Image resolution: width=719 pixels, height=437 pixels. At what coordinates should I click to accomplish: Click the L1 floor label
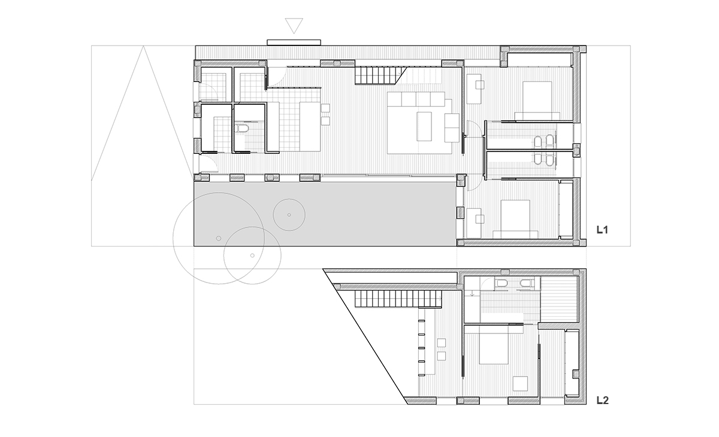[602, 229]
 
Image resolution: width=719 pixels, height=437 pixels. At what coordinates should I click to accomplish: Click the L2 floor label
[603, 400]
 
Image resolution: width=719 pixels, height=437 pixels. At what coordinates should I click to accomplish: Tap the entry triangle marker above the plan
[294, 26]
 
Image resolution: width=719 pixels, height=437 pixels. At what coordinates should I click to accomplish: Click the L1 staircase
[381, 75]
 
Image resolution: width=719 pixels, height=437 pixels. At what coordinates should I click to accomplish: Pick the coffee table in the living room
[424, 126]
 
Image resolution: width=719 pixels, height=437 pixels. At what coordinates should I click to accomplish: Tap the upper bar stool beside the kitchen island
[325, 108]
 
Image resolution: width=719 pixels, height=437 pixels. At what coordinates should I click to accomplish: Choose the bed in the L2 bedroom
[494, 345]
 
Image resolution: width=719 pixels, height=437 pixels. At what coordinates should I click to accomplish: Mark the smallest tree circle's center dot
[289, 215]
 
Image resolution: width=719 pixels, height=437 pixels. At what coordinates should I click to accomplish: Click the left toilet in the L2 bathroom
[501, 283]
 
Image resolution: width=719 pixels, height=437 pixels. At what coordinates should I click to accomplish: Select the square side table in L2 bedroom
[520, 384]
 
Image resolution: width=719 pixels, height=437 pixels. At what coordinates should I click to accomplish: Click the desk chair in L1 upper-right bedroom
[480, 84]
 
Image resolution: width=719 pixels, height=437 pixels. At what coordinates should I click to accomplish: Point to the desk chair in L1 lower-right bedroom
[480, 219]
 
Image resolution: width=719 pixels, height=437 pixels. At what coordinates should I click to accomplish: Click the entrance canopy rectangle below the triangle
[294, 43]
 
